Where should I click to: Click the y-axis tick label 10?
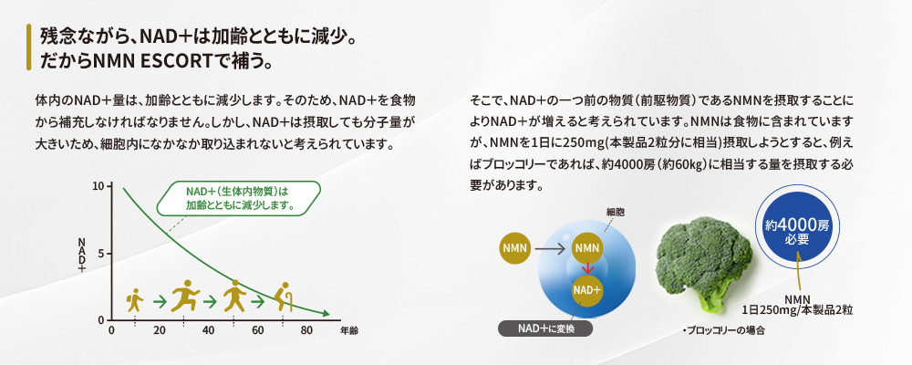[x=98, y=186]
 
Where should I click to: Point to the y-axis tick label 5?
[x=100, y=254]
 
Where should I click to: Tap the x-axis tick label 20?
[x=160, y=330]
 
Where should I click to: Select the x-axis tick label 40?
[x=208, y=330]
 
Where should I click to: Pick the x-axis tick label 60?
[x=258, y=330]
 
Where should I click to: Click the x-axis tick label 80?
[x=306, y=330]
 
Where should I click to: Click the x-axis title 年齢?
[x=349, y=330]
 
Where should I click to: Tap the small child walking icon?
[x=135, y=299]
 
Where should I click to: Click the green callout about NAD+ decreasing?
[x=239, y=199]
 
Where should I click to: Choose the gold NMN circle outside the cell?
[x=515, y=248]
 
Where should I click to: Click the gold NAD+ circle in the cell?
[x=587, y=289]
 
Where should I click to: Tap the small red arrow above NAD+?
[x=588, y=267]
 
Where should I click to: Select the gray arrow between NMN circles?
[x=550, y=248]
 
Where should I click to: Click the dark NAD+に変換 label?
[x=545, y=328]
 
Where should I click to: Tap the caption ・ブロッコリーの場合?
[x=722, y=330]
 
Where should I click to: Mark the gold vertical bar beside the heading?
[x=28, y=47]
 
